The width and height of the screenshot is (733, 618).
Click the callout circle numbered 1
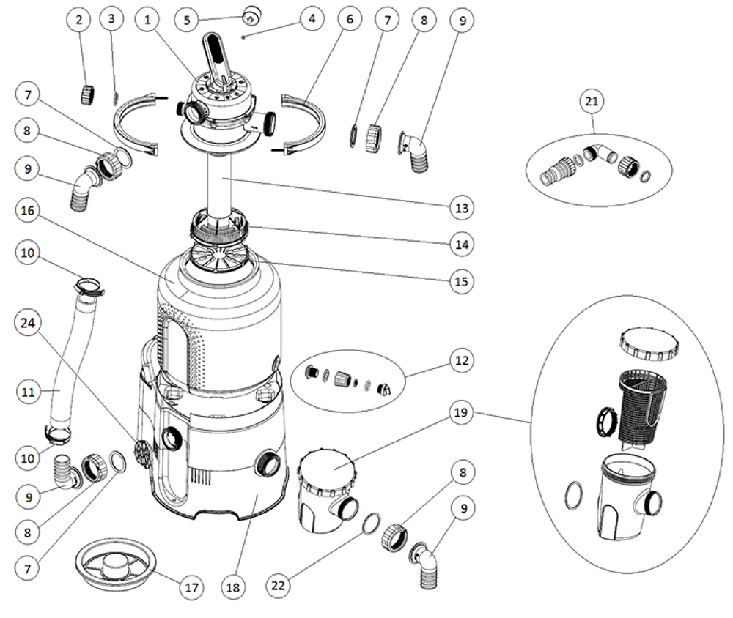(148, 20)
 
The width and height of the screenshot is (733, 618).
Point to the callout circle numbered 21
(592, 102)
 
